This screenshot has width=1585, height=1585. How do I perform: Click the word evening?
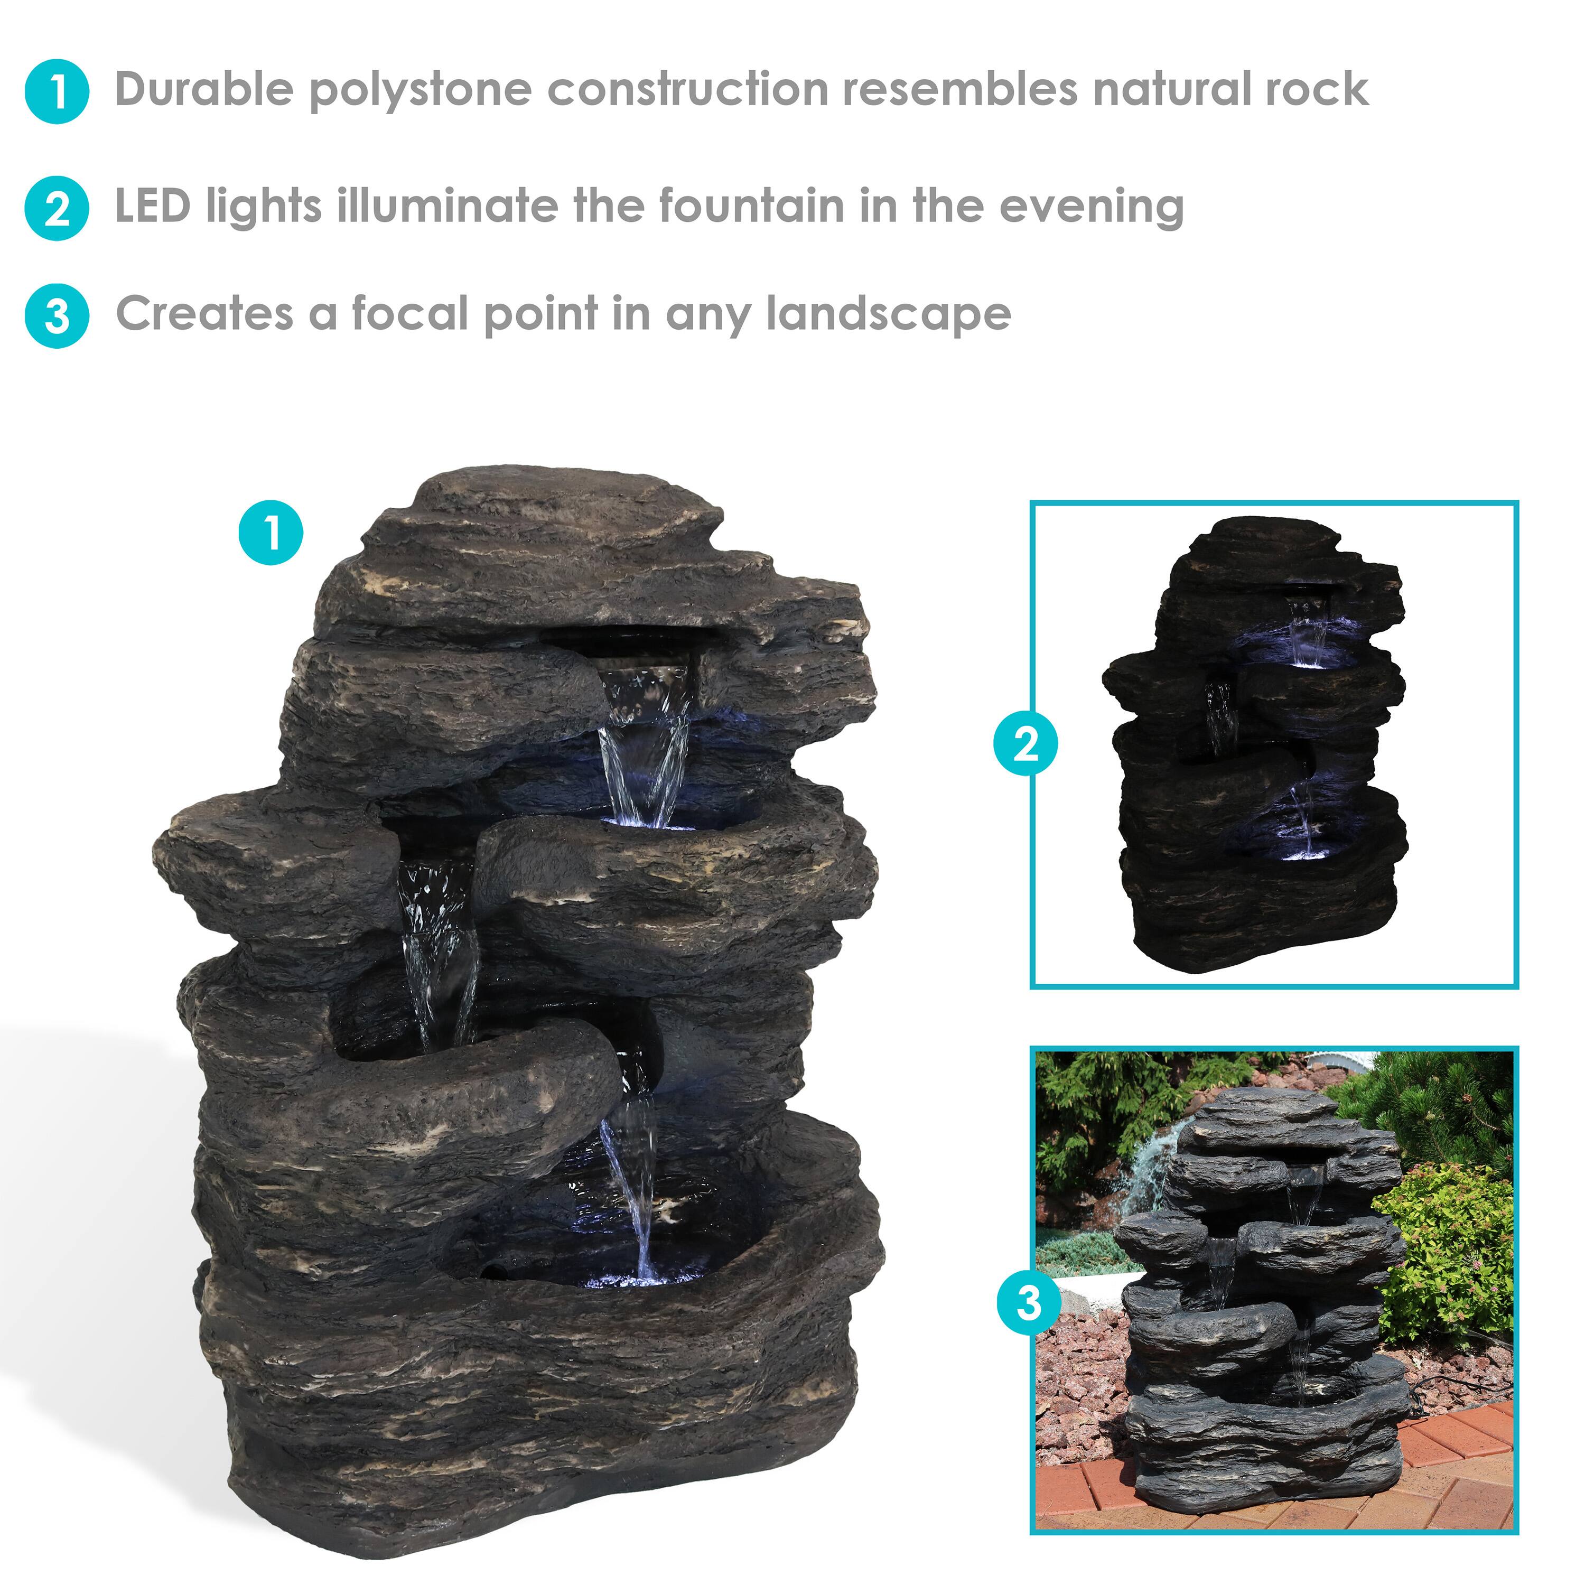pos(1090,207)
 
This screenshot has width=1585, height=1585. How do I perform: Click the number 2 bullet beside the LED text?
pos(57,208)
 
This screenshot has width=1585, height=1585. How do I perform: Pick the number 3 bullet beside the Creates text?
pos(57,316)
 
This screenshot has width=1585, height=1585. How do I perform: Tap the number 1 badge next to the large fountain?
pos(271,533)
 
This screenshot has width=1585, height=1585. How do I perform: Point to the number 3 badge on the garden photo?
pos(1028,1302)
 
